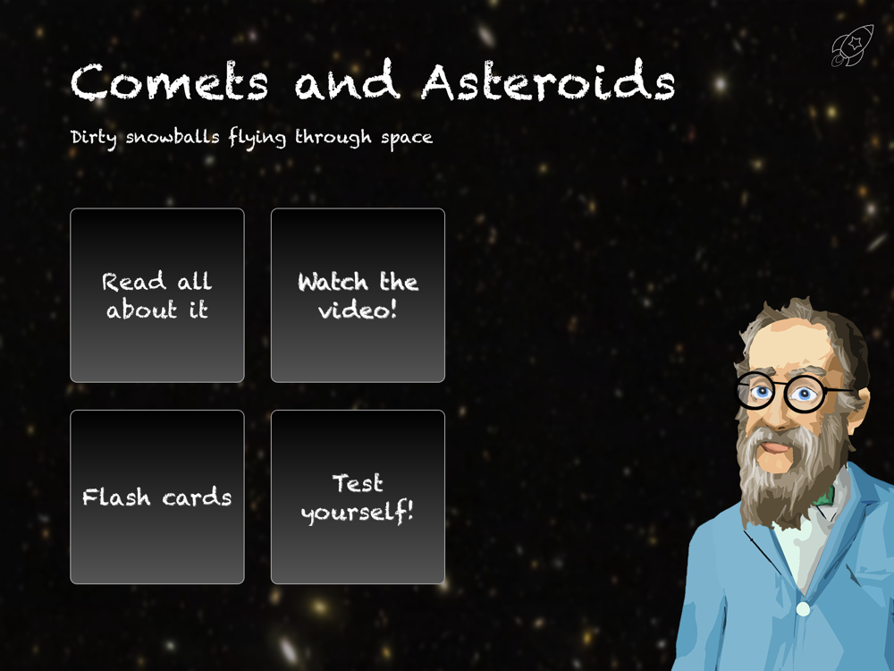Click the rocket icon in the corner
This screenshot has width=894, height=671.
pos(852,46)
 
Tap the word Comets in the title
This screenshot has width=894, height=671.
pos(169,82)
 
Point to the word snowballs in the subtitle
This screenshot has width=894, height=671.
pos(173,137)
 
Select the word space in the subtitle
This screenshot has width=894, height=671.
pos(407,139)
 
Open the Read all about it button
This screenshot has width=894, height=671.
pos(157,295)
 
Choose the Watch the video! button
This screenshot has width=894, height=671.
pos(358,295)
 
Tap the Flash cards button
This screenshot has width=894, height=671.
pos(157,497)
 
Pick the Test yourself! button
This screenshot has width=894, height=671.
pos(358,497)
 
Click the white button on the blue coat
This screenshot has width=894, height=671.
pos(803,609)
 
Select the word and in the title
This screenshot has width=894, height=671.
pos(347,80)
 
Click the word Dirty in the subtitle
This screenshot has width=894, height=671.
pos(94,138)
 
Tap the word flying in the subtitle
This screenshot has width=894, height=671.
pos(257,138)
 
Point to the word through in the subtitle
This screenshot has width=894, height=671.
pos(333,138)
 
